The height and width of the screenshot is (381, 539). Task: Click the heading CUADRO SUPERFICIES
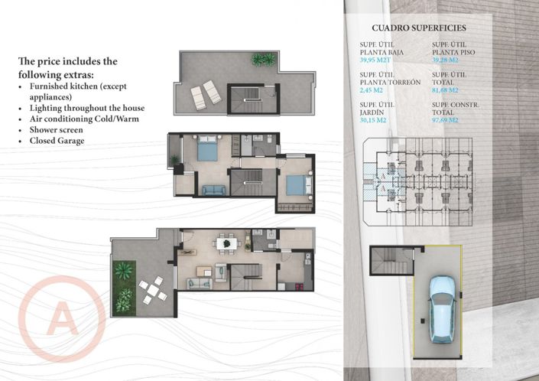click(x=419, y=28)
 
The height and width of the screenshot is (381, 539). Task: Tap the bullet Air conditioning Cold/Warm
click(x=80, y=119)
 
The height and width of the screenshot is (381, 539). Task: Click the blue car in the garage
click(x=443, y=308)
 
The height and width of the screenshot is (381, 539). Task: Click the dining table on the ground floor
click(x=225, y=244)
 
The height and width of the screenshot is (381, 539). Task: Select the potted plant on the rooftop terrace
click(x=263, y=59)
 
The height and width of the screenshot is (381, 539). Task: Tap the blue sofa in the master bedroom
click(x=214, y=190)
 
